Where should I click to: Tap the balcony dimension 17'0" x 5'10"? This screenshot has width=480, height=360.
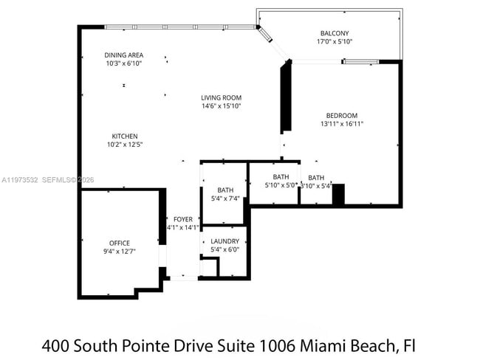[x=335, y=42]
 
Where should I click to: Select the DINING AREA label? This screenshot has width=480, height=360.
[x=124, y=55]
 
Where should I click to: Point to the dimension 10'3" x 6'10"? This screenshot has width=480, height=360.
[x=124, y=63]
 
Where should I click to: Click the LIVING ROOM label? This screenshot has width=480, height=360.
[x=222, y=97]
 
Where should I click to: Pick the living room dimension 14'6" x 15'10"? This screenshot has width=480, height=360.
[x=222, y=106]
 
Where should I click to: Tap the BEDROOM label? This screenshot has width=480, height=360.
[x=342, y=115]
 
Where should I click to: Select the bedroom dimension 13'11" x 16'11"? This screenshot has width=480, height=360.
[x=342, y=124]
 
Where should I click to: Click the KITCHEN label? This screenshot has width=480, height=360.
[x=125, y=136]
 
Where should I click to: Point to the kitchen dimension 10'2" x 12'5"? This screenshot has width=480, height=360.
[x=125, y=145]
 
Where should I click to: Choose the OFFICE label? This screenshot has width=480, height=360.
[x=120, y=243]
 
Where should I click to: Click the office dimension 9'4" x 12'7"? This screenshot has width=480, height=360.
[x=120, y=252]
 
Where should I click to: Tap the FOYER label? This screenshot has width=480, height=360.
[x=182, y=219]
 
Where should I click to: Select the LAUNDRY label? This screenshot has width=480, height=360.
[x=224, y=241]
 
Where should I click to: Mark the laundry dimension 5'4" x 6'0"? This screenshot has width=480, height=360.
[x=224, y=250]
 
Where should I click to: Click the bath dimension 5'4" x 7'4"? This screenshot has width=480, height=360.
[x=224, y=198]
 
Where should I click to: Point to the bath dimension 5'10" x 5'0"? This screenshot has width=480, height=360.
[x=281, y=185]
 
